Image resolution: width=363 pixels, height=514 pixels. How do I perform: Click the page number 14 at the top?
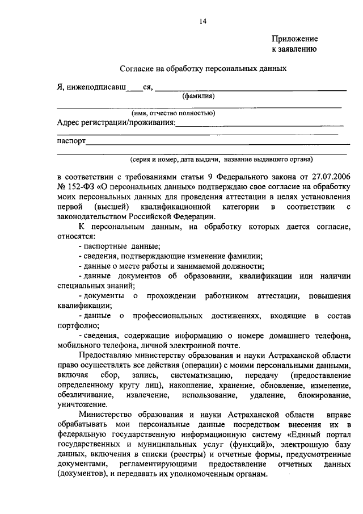[x=202, y=22]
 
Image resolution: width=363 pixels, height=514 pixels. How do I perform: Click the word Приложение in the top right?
[x=294, y=39]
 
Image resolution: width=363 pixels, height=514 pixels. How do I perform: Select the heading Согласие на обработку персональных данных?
[x=202, y=69]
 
